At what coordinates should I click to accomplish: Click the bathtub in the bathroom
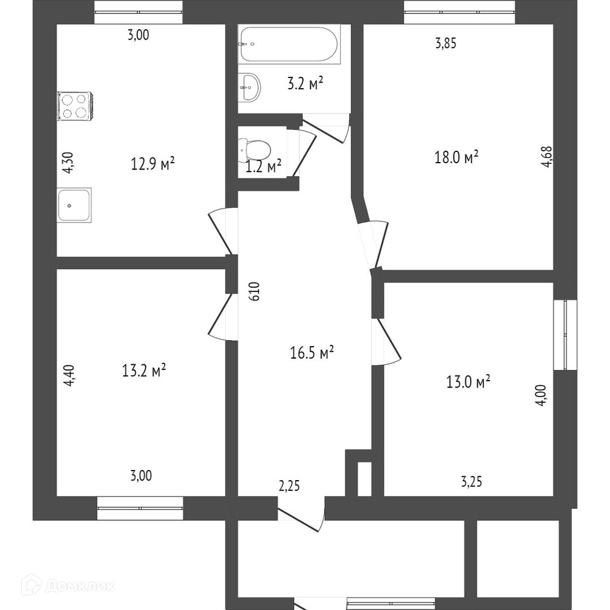pyautogui.click(x=289, y=44)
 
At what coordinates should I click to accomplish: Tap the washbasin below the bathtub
pyautogui.click(x=249, y=87)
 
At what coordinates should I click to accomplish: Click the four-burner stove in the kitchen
pyautogui.click(x=75, y=106)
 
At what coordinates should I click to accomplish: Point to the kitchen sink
pyautogui.click(x=74, y=205)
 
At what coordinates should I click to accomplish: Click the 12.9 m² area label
pyautogui.click(x=152, y=164)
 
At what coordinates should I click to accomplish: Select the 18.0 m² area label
pyautogui.click(x=456, y=157)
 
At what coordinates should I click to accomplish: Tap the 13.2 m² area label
pyautogui.click(x=144, y=370)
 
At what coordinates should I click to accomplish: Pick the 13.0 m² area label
pyautogui.click(x=468, y=381)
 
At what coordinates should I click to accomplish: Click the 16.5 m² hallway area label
pyautogui.click(x=312, y=352)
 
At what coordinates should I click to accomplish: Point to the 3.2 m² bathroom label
pyautogui.click(x=306, y=83)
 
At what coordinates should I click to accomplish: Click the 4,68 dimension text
pyautogui.click(x=547, y=156)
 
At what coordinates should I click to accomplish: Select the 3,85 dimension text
pyautogui.click(x=446, y=43)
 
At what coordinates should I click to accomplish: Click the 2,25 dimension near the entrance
pyautogui.click(x=289, y=486)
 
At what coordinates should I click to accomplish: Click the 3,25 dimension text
pyautogui.click(x=472, y=482)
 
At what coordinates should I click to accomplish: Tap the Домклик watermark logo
pyautogui.click(x=68, y=586)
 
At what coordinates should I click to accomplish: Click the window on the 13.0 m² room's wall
pyautogui.click(x=565, y=334)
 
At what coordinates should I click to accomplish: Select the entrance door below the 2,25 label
pyautogui.click(x=300, y=515)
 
